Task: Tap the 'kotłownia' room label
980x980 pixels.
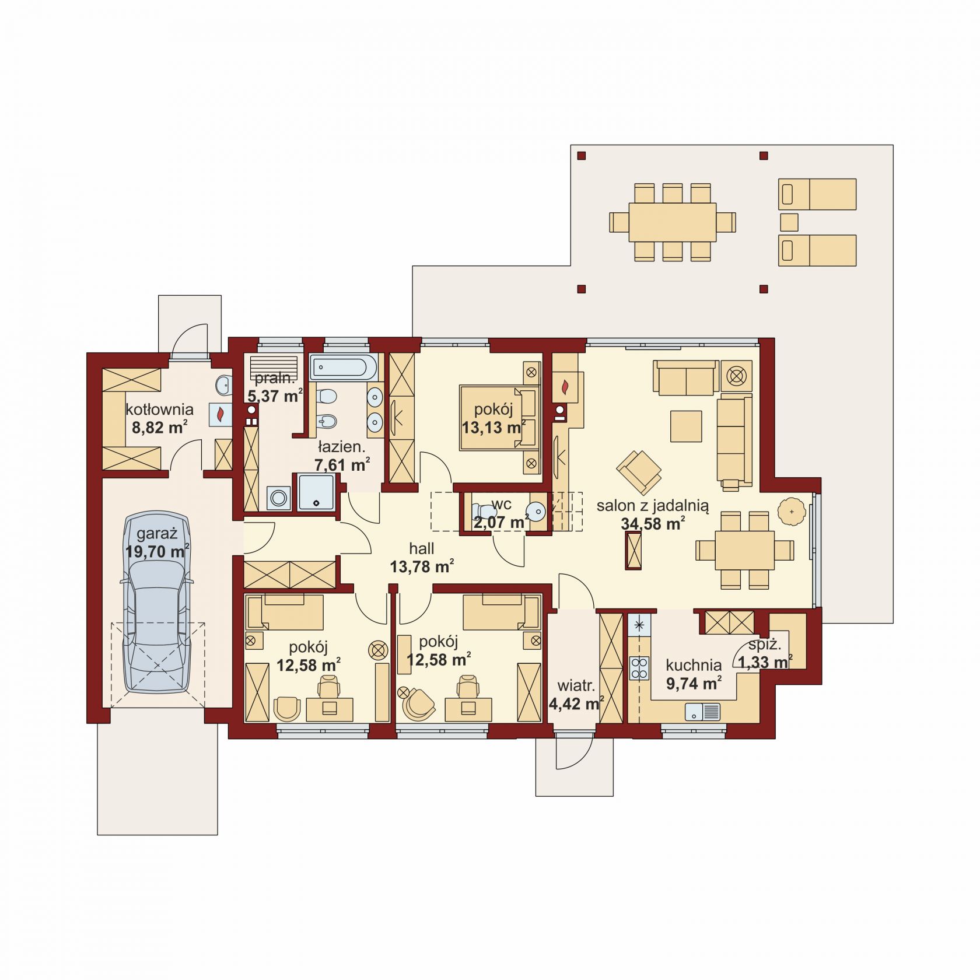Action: [159, 409]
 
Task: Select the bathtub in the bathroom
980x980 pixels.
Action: [344, 367]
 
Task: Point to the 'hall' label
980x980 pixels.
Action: [421, 548]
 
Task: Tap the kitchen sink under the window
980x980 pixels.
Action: [702, 712]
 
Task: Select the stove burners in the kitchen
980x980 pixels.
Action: [639, 668]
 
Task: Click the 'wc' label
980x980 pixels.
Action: [501, 504]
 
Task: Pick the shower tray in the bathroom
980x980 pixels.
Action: [317, 493]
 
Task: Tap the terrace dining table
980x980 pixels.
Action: [672, 222]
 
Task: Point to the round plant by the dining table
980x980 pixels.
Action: [792, 512]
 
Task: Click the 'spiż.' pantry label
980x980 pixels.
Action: [764, 645]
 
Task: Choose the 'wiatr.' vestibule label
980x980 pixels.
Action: [576, 685]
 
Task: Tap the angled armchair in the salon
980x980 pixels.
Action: [639, 470]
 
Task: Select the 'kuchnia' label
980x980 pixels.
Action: [694, 665]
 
